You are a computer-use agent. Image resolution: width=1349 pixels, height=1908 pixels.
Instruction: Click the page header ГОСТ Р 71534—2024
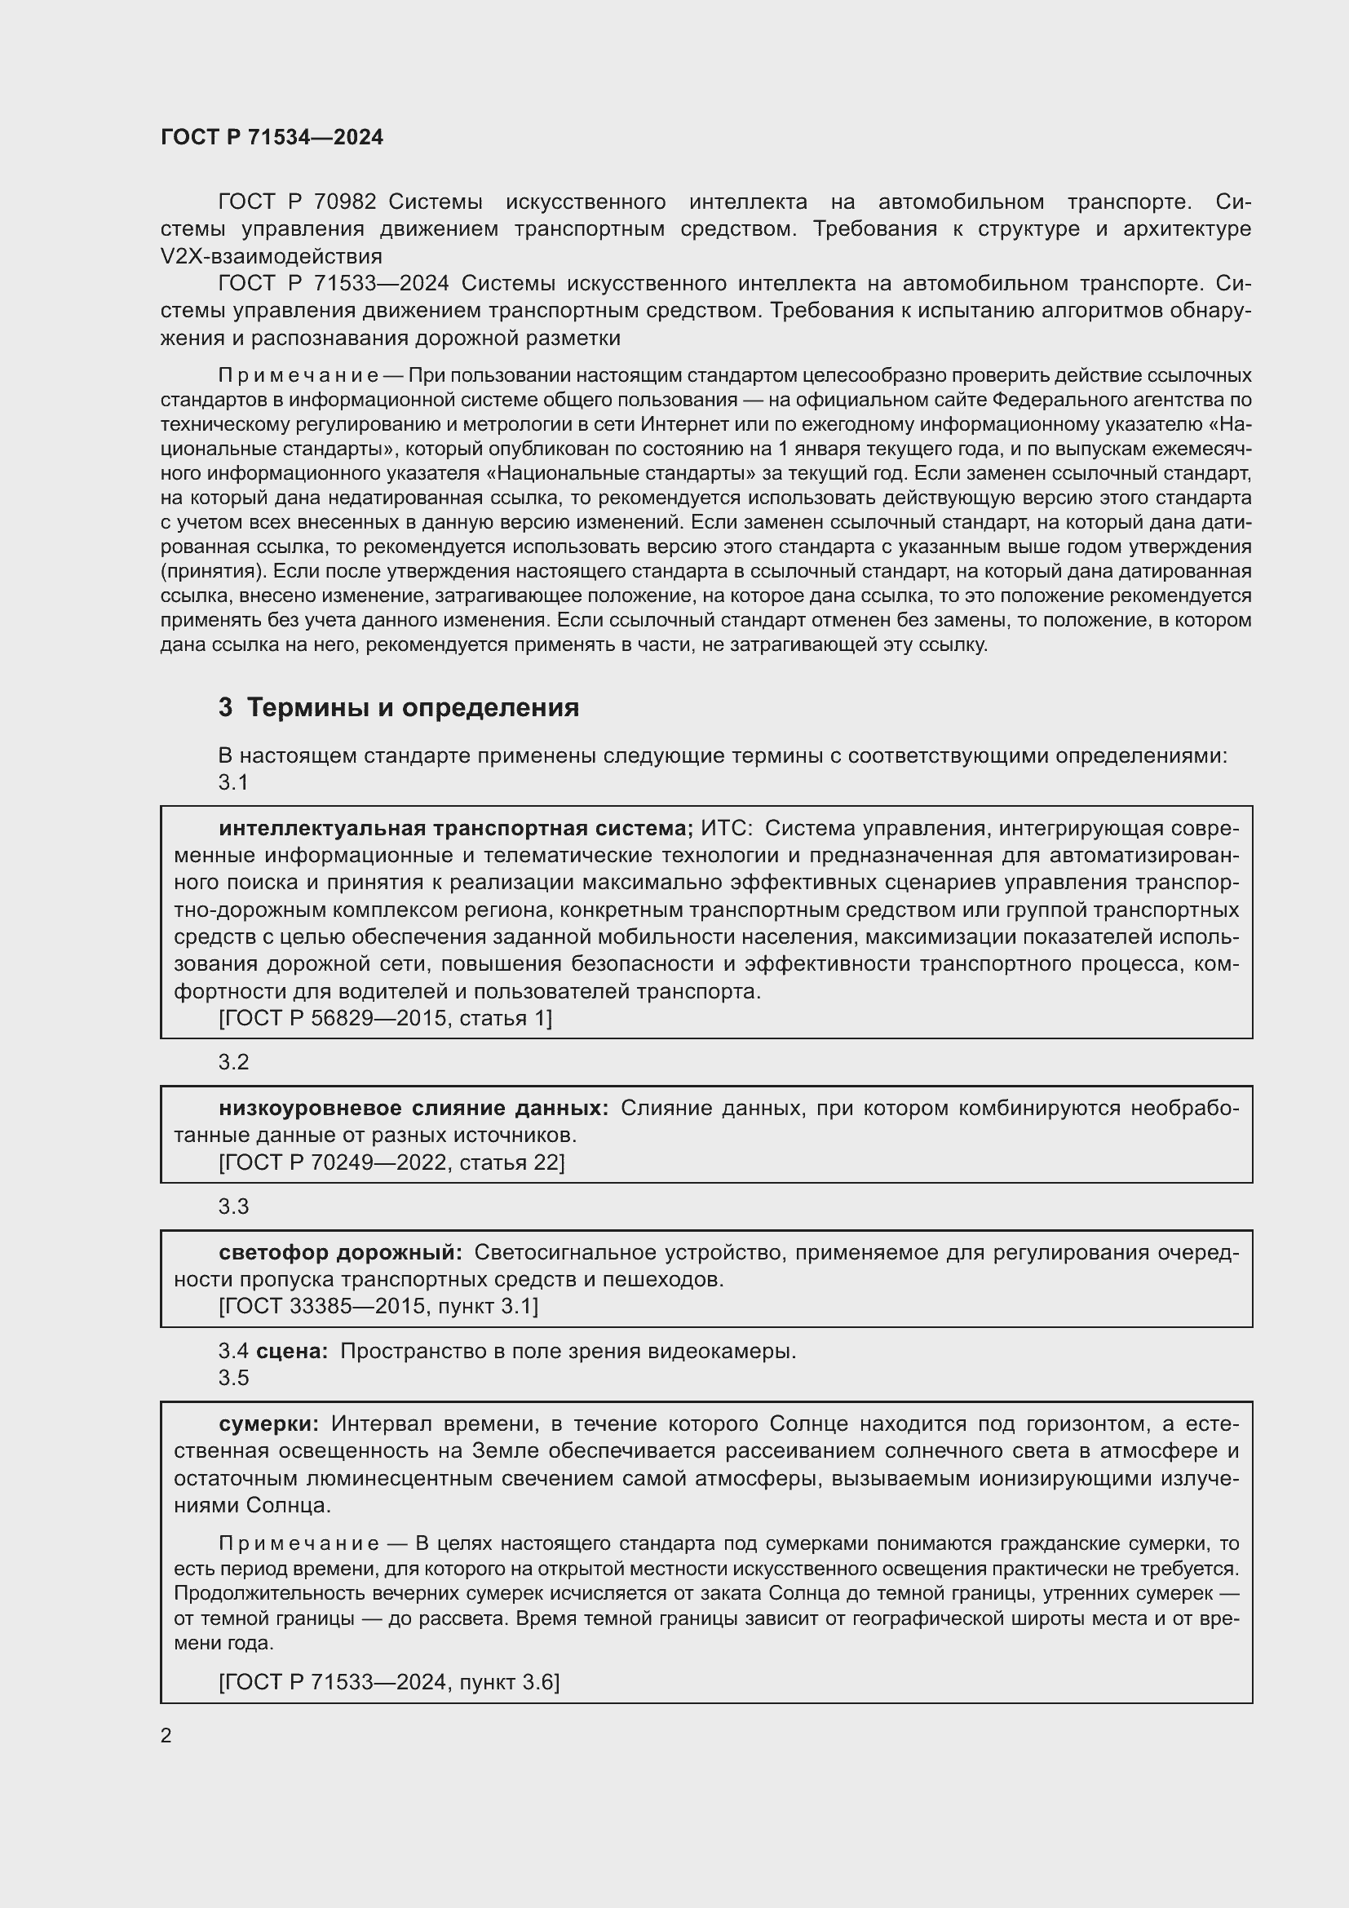(x=272, y=137)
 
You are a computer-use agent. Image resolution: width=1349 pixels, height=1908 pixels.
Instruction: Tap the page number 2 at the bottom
(x=166, y=1735)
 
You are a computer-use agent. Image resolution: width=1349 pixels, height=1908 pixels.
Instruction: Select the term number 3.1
(x=233, y=783)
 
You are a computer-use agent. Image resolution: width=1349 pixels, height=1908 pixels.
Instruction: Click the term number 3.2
(x=233, y=1062)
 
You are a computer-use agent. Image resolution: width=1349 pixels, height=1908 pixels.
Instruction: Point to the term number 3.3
(x=233, y=1206)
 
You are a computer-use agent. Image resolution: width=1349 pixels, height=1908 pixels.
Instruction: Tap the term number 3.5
(x=233, y=1378)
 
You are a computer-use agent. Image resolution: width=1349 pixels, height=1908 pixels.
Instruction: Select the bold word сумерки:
(x=268, y=1423)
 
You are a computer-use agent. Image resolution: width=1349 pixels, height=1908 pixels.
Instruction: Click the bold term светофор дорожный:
(x=341, y=1252)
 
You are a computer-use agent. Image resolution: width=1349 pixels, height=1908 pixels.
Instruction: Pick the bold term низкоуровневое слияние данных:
(x=413, y=1108)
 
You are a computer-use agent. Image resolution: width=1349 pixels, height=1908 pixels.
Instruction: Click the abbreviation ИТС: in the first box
(x=726, y=829)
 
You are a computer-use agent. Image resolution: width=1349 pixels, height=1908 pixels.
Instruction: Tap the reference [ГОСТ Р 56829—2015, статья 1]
(x=385, y=1018)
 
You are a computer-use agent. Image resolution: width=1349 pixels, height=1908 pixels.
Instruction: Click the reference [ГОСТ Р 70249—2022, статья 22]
(x=391, y=1162)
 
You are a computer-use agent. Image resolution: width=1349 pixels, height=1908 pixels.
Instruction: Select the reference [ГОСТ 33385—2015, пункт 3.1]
(x=378, y=1306)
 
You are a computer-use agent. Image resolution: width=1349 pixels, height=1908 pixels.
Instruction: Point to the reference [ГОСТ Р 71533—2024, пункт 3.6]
(x=389, y=1683)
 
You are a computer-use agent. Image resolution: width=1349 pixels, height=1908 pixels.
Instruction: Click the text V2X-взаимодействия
(x=271, y=256)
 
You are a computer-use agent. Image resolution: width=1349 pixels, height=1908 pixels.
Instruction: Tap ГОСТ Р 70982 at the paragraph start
(x=297, y=202)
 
